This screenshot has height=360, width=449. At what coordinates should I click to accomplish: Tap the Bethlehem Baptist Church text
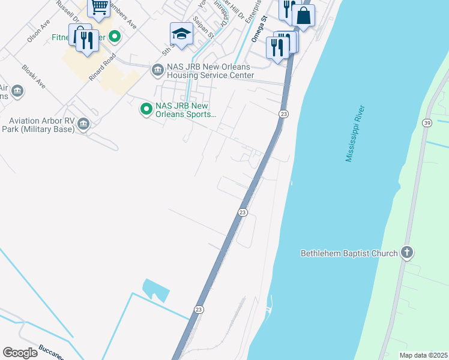click(x=349, y=253)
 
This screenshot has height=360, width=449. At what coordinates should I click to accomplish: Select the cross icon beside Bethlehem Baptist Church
click(x=407, y=252)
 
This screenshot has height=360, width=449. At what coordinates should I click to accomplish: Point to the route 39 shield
click(x=427, y=123)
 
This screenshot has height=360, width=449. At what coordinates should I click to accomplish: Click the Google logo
click(x=20, y=352)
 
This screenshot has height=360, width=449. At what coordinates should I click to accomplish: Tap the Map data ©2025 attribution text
click(x=423, y=355)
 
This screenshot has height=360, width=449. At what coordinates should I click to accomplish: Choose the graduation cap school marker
click(x=181, y=33)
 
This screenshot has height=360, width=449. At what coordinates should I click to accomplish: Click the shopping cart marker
click(x=98, y=7)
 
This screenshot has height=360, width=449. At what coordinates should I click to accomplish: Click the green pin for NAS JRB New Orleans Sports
click(x=145, y=109)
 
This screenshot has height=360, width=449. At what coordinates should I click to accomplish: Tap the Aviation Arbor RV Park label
click(x=37, y=125)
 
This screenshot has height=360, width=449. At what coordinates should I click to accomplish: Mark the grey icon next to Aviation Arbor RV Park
click(x=83, y=124)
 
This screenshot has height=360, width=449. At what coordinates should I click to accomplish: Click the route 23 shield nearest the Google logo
click(x=199, y=308)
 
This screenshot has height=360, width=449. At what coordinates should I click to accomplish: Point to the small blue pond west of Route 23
click(x=155, y=290)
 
